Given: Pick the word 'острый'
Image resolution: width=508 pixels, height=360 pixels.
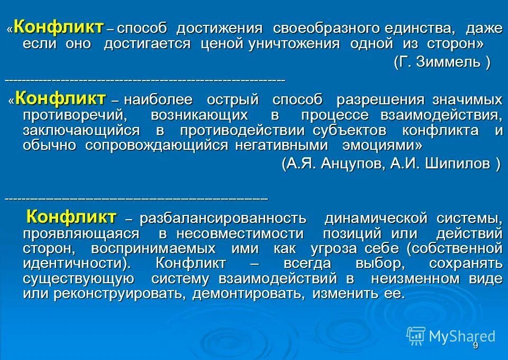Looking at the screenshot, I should pos(240,100).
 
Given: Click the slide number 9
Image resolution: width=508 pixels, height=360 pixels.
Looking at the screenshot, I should pos(475,346).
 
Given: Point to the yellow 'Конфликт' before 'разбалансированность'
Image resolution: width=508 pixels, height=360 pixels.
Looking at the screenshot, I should pos(71,216).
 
